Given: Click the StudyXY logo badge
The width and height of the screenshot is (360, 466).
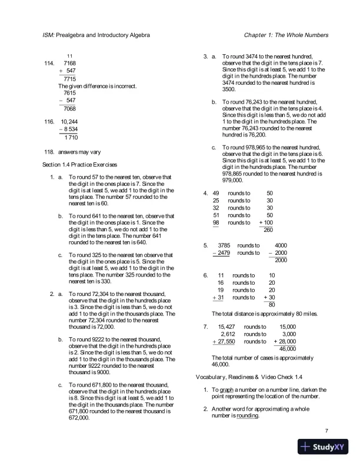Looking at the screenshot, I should pyautogui.click(x=324, y=447).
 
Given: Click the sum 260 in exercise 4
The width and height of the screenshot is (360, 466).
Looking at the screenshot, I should pyautogui.click(x=268, y=229).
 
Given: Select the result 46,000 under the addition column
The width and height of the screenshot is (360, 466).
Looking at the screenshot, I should pyautogui.click(x=287, y=349).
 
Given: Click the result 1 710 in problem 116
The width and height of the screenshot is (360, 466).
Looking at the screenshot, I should pyautogui.click(x=71, y=138).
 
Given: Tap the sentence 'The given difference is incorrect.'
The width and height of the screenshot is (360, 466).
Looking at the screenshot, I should pyautogui.click(x=97, y=86).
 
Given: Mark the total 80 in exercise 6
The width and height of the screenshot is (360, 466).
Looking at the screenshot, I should pyautogui.click(x=272, y=305).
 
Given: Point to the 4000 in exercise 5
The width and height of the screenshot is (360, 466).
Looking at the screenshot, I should pyautogui.click(x=281, y=245).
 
